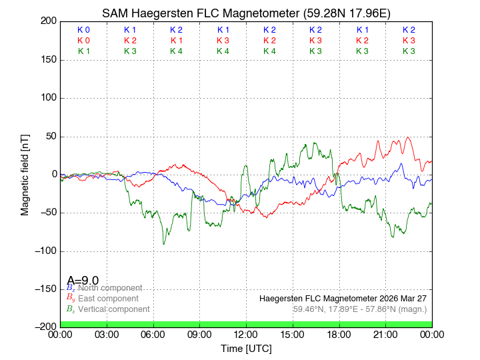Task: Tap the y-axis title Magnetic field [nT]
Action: pos(25,174)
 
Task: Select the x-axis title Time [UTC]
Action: pos(246,348)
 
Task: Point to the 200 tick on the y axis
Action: pos(47,21)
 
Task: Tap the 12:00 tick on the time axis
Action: pos(246,334)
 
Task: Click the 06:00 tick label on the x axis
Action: pos(153,334)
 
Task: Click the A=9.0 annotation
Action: pos(83,281)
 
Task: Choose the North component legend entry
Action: pos(110,288)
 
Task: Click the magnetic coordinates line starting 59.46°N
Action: pos(360,309)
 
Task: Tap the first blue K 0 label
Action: pos(83,30)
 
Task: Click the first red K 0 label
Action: pos(83,41)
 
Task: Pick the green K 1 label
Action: pos(83,51)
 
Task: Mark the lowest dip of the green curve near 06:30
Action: pos(164,244)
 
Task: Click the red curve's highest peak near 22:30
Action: pos(408,137)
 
